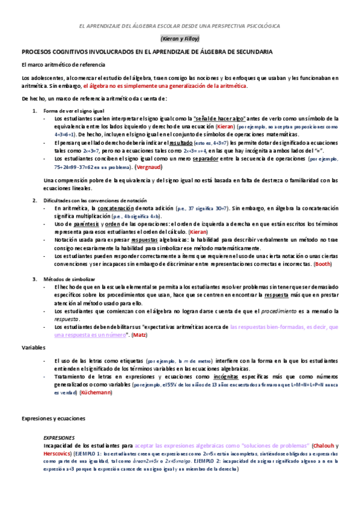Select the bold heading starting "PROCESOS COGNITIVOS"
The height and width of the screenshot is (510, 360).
pyautogui.click(x=147, y=53)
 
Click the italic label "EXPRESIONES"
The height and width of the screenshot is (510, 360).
pyautogui.click(x=59, y=438)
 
